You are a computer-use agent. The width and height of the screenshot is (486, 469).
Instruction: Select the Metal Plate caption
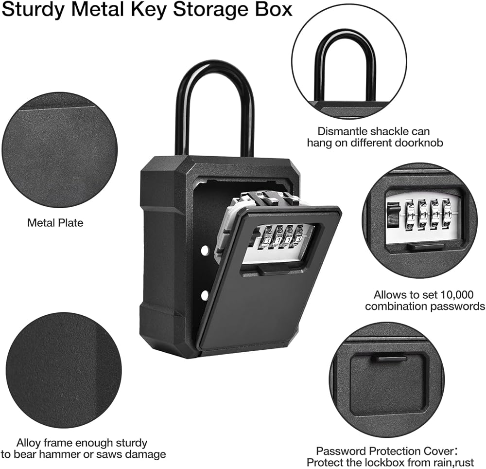55,223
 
